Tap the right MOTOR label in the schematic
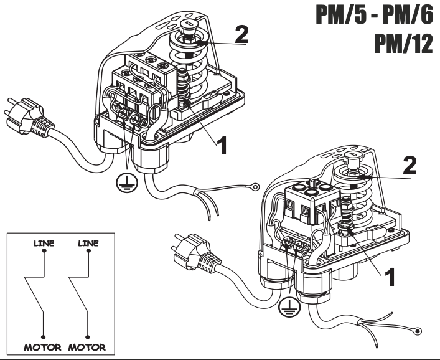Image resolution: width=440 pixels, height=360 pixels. [88, 346]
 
